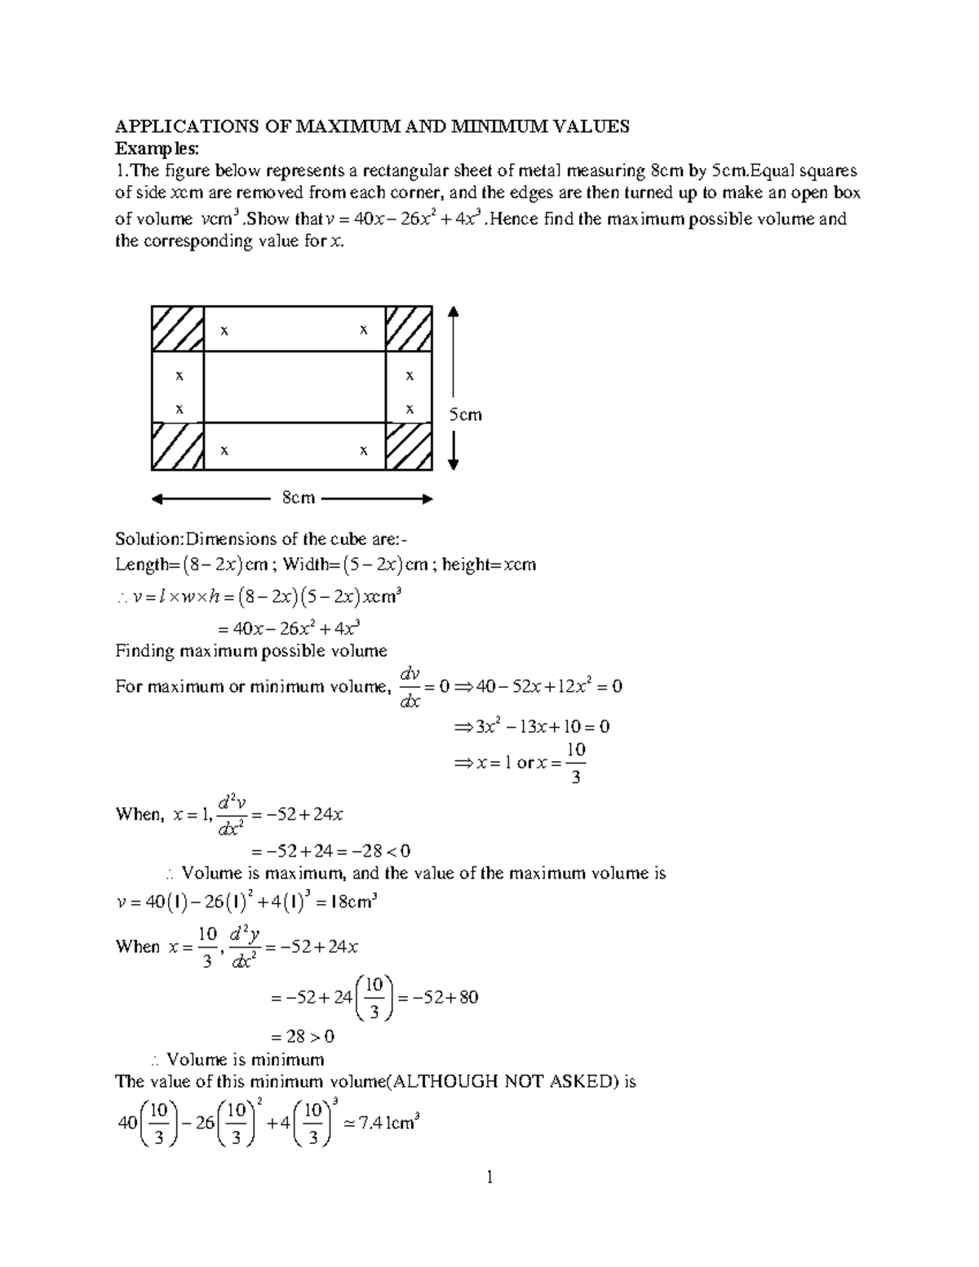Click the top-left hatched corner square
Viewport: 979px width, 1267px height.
coord(177,329)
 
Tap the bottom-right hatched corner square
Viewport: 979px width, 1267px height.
coord(409,446)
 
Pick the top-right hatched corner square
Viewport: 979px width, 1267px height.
coord(409,329)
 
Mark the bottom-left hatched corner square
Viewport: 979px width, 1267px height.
coord(177,446)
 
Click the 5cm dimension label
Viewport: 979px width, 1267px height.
coord(466,414)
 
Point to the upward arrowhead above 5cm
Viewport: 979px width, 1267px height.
coord(454,312)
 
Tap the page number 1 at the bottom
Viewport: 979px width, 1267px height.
coord(489,1177)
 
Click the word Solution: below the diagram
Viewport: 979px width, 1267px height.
coord(150,539)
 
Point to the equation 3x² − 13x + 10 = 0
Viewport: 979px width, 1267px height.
coord(531,726)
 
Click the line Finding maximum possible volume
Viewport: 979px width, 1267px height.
coord(251,651)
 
